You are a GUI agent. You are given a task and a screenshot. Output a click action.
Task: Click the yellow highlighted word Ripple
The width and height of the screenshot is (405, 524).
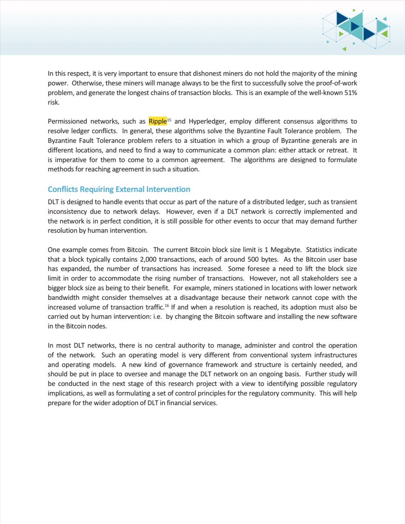coord(158,121)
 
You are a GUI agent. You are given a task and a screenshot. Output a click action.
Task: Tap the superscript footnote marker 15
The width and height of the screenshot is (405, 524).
coord(170,120)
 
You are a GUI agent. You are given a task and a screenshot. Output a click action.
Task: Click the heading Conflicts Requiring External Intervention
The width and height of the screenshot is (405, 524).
coord(119,190)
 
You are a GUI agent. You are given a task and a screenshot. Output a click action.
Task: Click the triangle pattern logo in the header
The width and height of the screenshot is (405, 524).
coord(357,30)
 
